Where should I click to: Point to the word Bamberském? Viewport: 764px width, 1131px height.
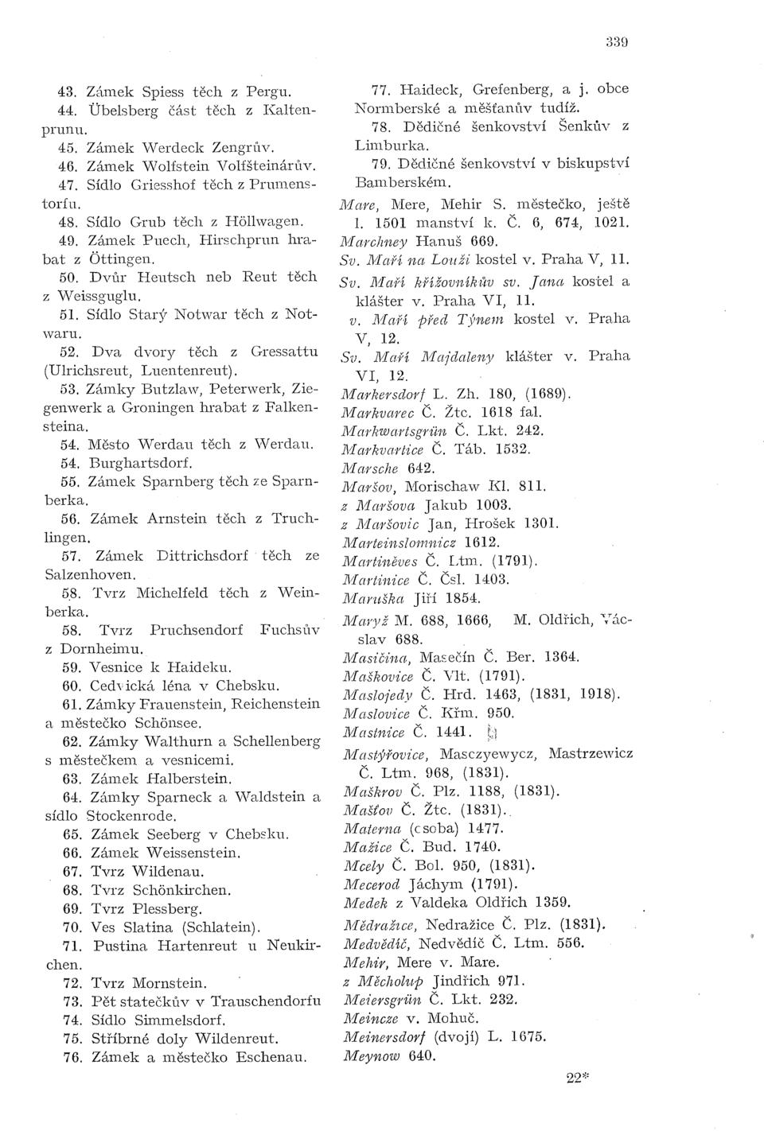pyautogui.click(x=396, y=182)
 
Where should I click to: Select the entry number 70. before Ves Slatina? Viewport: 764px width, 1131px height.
pyautogui.click(x=72, y=927)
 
